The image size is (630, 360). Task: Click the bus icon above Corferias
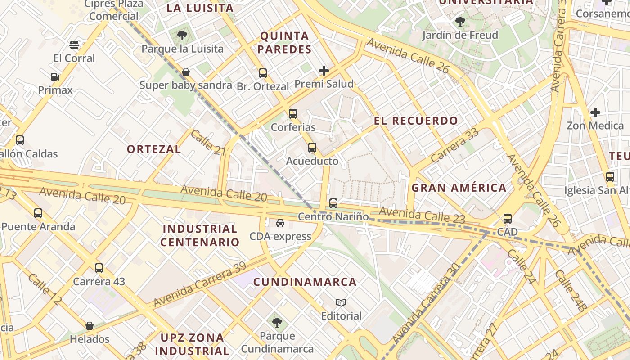(x=293, y=113)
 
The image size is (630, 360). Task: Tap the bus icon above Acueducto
(x=312, y=147)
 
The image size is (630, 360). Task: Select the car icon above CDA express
(x=280, y=223)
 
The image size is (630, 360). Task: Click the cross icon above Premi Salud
(x=324, y=70)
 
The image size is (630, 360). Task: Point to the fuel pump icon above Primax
(x=55, y=76)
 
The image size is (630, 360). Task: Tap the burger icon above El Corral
(x=74, y=45)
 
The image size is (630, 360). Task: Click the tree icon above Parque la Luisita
(x=182, y=35)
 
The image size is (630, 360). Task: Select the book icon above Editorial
(x=341, y=302)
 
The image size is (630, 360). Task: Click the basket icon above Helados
(x=90, y=325)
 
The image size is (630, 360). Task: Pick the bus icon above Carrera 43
(x=99, y=268)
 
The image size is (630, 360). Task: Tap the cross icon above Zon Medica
(x=595, y=112)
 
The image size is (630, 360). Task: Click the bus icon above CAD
(x=508, y=219)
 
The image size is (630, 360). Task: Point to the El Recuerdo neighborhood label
(x=416, y=121)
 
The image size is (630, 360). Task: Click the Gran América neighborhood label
(x=459, y=188)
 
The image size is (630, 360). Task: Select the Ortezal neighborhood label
(x=154, y=149)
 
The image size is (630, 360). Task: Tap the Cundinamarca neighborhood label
(x=305, y=282)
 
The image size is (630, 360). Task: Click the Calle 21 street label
(x=207, y=143)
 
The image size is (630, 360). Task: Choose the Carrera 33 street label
(x=454, y=145)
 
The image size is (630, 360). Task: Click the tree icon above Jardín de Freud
(x=460, y=21)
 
